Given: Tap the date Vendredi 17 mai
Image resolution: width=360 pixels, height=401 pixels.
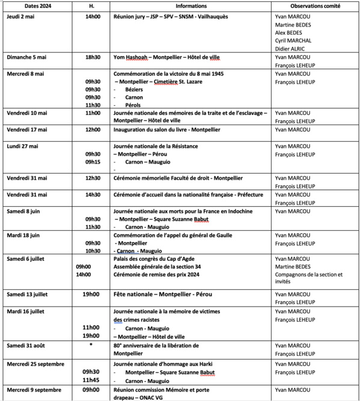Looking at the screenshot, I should click(27, 129).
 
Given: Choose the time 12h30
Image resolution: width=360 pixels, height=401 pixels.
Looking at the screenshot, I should click(93, 178).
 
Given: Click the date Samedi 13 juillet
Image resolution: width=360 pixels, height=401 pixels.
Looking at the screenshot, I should click(28, 294).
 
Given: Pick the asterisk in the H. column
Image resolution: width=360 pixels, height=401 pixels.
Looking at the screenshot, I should click(90, 346).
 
